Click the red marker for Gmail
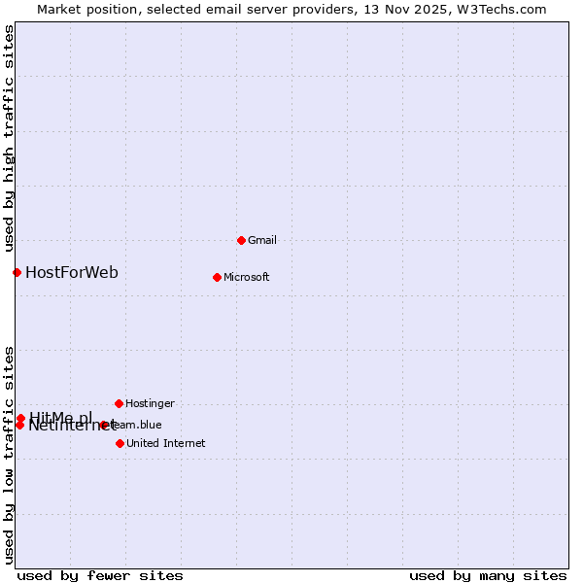[x=241, y=240]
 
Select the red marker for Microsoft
[x=217, y=277]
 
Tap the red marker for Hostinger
[x=119, y=403]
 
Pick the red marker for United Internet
[x=120, y=443]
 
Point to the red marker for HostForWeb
[x=17, y=272]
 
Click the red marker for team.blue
[x=104, y=425]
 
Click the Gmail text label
[x=262, y=240]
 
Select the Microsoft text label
[x=246, y=277]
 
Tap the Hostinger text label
[x=150, y=403]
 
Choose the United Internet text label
[x=165, y=443]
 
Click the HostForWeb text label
[x=72, y=272]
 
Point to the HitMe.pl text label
[x=60, y=417]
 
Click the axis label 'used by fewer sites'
[x=100, y=575]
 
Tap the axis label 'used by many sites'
[x=488, y=575]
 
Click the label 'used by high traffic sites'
[x=10, y=135]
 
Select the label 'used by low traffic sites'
[x=10, y=454]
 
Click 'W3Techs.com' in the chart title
[x=502, y=10]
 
